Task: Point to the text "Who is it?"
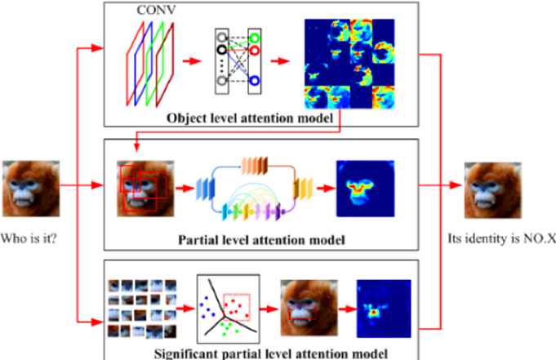pos(33,241)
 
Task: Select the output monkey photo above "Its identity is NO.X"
pos(493,190)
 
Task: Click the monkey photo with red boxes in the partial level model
pos(141,189)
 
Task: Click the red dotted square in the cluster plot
pos(237,305)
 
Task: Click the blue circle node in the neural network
pos(256,81)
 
